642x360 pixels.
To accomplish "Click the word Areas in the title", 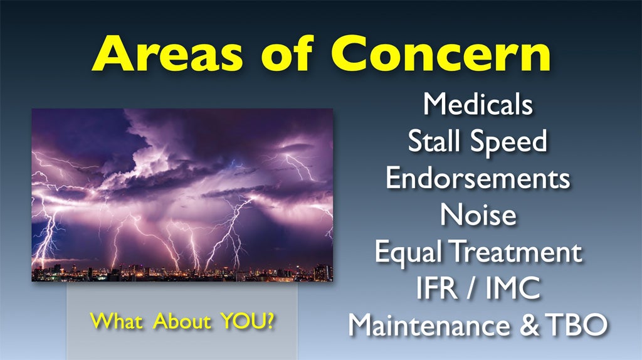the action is coord(167,53).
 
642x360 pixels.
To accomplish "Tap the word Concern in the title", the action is coord(441,53).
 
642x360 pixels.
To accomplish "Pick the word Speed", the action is coord(508,141).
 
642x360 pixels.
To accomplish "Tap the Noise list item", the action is coord(478,214).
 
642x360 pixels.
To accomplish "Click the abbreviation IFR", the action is coord(437,288).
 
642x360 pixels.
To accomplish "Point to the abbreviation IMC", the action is coord(513,288).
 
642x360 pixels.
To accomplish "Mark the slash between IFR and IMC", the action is coord(471,289).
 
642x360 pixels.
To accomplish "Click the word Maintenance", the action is coord(429,325).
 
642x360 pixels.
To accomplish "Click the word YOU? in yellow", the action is coord(248,321).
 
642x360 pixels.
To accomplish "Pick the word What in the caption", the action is coord(117,321).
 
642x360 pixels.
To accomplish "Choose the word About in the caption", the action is coord(182,321).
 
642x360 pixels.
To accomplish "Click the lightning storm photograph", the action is coord(182,195).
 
